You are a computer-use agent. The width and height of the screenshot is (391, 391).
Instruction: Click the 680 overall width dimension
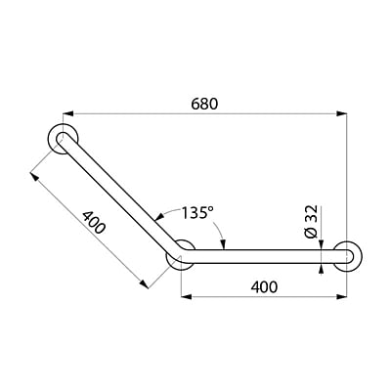click(204, 102)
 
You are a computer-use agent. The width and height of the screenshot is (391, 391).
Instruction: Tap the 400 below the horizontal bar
click(263, 287)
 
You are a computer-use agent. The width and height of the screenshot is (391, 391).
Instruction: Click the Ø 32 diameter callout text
click(311, 222)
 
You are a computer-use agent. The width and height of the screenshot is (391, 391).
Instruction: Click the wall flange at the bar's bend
click(180, 258)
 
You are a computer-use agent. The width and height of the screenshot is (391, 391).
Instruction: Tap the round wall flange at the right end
click(349, 257)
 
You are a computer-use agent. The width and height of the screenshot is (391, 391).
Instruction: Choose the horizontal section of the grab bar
click(264, 257)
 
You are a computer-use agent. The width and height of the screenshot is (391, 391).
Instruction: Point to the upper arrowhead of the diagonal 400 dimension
click(35, 176)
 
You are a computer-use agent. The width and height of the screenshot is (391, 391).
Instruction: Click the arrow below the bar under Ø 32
click(323, 270)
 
